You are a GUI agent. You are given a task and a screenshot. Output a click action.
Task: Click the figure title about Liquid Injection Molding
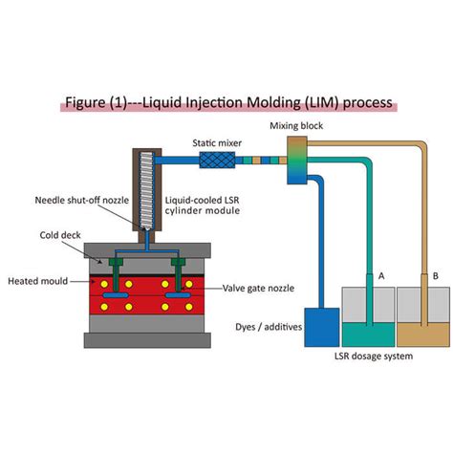click(226, 102)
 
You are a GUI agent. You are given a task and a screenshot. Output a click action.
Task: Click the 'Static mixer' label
click(216, 143)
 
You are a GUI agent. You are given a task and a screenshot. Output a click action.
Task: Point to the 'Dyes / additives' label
click(267, 327)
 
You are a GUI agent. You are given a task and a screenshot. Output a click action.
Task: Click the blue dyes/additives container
click(318, 328)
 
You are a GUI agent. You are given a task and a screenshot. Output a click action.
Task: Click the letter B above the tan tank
click(435, 273)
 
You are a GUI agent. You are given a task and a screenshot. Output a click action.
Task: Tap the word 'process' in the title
click(362, 102)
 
